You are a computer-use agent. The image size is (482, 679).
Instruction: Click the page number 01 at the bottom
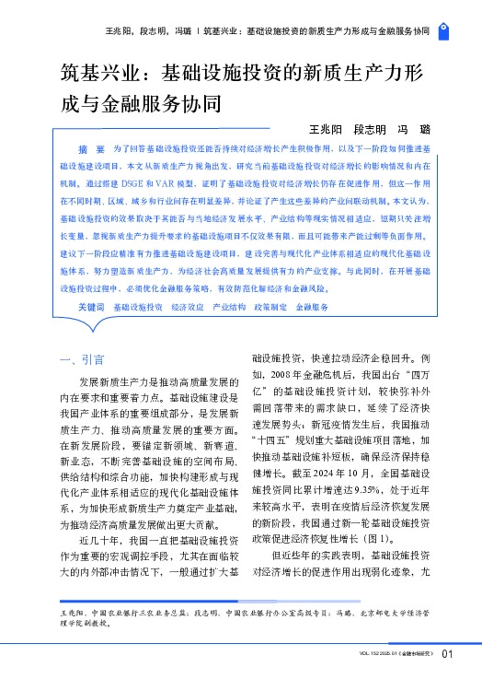448,655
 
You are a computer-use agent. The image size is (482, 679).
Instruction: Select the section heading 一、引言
81,359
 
